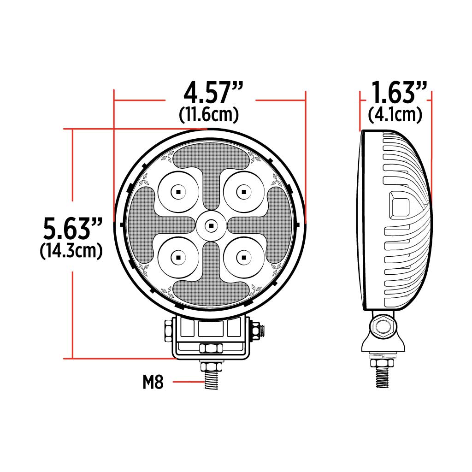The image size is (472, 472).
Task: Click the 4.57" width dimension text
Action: click(x=210, y=94)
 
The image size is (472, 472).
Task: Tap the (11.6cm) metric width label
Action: click(x=209, y=115)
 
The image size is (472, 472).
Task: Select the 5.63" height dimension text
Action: click(x=72, y=229)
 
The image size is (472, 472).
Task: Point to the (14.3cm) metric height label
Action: click(x=71, y=251)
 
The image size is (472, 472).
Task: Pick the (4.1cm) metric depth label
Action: click(x=395, y=114)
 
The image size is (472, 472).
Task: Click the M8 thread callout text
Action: click(x=153, y=382)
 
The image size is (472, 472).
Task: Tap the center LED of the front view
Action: click(x=211, y=225)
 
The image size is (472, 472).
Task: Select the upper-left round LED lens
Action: click(x=178, y=191)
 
